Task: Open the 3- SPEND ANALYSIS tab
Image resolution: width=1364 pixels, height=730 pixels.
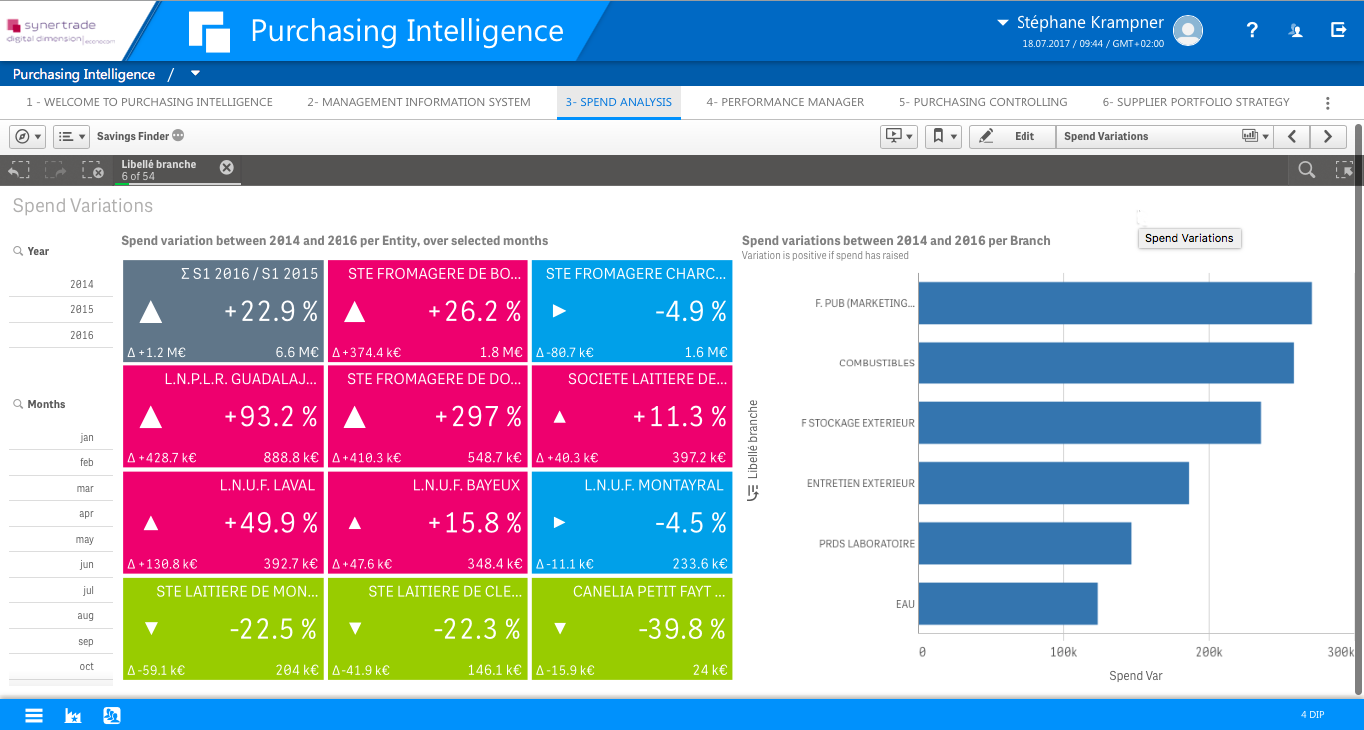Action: pyautogui.click(x=618, y=102)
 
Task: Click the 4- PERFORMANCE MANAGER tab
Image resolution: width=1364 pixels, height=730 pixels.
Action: pyautogui.click(x=785, y=102)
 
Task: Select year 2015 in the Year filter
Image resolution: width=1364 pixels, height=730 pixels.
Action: pyautogui.click(x=82, y=310)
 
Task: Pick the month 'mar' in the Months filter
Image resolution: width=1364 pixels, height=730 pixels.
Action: pyautogui.click(x=85, y=489)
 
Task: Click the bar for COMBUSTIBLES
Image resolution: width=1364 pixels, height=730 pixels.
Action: pyautogui.click(x=1105, y=364)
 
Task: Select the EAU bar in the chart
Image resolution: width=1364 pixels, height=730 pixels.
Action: pyautogui.click(x=1008, y=604)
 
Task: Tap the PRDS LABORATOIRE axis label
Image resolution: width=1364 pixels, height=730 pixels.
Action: pyautogui.click(x=866, y=544)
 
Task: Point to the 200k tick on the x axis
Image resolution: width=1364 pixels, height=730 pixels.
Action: pyautogui.click(x=1208, y=652)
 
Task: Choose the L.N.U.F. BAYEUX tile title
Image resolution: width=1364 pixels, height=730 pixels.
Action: pyautogui.click(x=466, y=485)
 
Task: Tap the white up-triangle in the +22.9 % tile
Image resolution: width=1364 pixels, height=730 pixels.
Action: pyautogui.click(x=150, y=312)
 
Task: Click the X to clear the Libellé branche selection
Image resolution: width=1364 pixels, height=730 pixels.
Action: pyautogui.click(x=227, y=168)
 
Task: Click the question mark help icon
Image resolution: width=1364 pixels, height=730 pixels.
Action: pyautogui.click(x=1252, y=30)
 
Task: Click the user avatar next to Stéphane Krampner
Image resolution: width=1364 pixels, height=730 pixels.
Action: pyautogui.click(x=1187, y=31)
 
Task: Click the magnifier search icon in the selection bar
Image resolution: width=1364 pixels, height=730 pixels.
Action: pyautogui.click(x=1306, y=171)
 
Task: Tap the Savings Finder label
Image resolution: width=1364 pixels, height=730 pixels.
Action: pyautogui.click(x=131, y=136)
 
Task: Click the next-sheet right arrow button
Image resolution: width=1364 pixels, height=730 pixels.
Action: pyautogui.click(x=1327, y=136)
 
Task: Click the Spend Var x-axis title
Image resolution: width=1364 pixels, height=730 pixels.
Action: pyautogui.click(x=1135, y=676)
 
